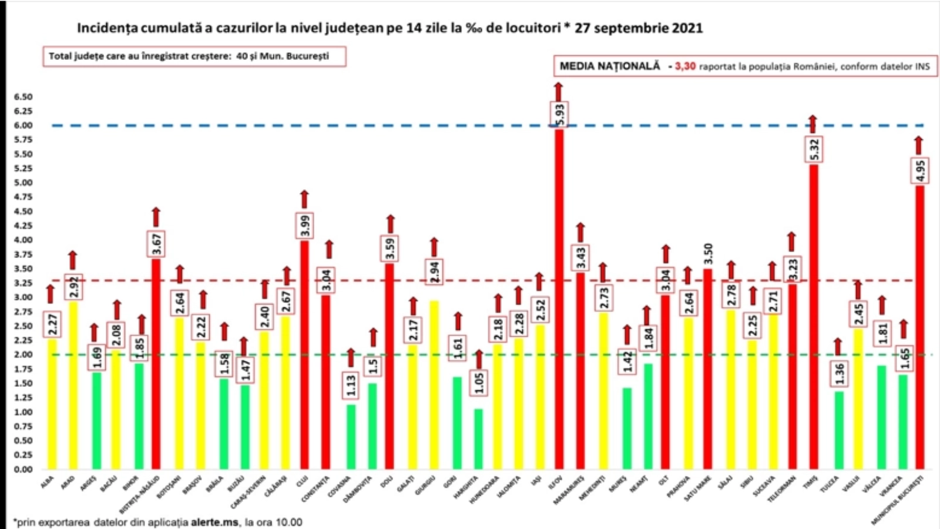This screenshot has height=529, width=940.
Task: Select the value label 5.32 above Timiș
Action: click(x=814, y=149)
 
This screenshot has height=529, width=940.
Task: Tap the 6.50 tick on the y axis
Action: click(x=23, y=97)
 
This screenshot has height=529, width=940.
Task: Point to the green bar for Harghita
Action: click(x=479, y=438)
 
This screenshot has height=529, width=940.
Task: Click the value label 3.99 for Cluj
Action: click(x=305, y=226)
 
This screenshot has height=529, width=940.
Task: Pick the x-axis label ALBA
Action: click(x=47, y=482)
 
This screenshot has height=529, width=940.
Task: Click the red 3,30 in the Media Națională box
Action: click(x=685, y=66)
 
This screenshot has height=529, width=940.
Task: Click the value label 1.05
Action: click(x=479, y=382)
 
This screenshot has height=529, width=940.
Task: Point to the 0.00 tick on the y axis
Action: click(x=23, y=469)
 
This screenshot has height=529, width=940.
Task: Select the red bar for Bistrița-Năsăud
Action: click(x=156, y=364)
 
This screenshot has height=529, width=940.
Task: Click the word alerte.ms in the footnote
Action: click(x=214, y=522)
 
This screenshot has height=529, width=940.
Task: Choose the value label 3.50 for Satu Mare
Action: click(x=708, y=254)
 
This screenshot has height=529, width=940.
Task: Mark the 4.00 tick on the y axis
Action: click(x=23, y=240)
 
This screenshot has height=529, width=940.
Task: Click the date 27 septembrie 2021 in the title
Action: click(x=639, y=28)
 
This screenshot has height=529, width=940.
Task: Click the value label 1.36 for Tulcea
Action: click(x=840, y=374)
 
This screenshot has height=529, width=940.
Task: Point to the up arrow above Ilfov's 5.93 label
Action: click(x=558, y=92)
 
